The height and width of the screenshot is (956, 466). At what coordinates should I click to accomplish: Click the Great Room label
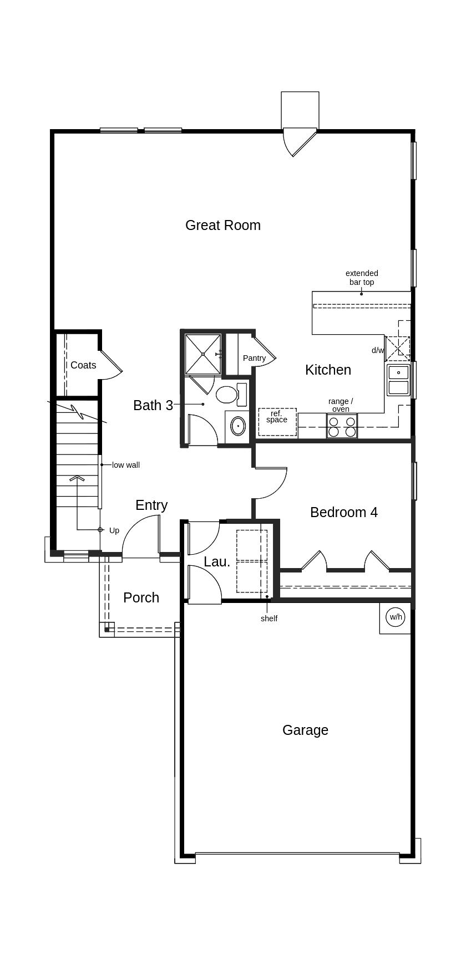click(x=222, y=225)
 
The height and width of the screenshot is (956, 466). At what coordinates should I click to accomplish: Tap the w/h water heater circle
click(x=395, y=617)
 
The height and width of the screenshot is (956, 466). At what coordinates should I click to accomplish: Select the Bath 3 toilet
click(x=227, y=395)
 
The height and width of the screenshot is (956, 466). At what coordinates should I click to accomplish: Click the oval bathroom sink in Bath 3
click(x=238, y=426)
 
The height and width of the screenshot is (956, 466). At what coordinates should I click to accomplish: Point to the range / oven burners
click(x=342, y=426)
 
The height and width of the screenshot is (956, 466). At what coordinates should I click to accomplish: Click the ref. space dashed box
click(x=277, y=422)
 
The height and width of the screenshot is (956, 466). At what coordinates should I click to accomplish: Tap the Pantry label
click(x=254, y=358)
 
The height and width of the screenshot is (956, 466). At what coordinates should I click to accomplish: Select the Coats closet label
click(x=83, y=365)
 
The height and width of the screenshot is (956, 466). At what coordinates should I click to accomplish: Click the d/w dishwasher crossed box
click(x=397, y=349)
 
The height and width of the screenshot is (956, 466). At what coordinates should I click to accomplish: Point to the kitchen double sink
click(x=398, y=380)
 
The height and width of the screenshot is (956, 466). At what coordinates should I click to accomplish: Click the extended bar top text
click(x=362, y=278)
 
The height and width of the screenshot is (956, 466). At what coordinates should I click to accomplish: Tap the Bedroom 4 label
click(x=343, y=512)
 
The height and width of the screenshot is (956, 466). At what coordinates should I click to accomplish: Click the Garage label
click(x=305, y=730)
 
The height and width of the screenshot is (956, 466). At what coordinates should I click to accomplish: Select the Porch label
click(x=141, y=597)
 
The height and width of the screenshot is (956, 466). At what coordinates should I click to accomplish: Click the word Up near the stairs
click(x=114, y=530)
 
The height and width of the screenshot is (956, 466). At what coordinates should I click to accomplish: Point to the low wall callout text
click(x=126, y=465)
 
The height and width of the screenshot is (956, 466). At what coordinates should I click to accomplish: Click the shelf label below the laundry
click(x=269, y=618)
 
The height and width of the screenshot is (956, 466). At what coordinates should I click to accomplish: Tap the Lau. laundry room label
click(x=216, y=561)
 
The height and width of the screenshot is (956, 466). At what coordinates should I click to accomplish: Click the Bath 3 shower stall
click(x=203, y=354)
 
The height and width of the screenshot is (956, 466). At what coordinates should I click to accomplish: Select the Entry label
click(x=151, y=505)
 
